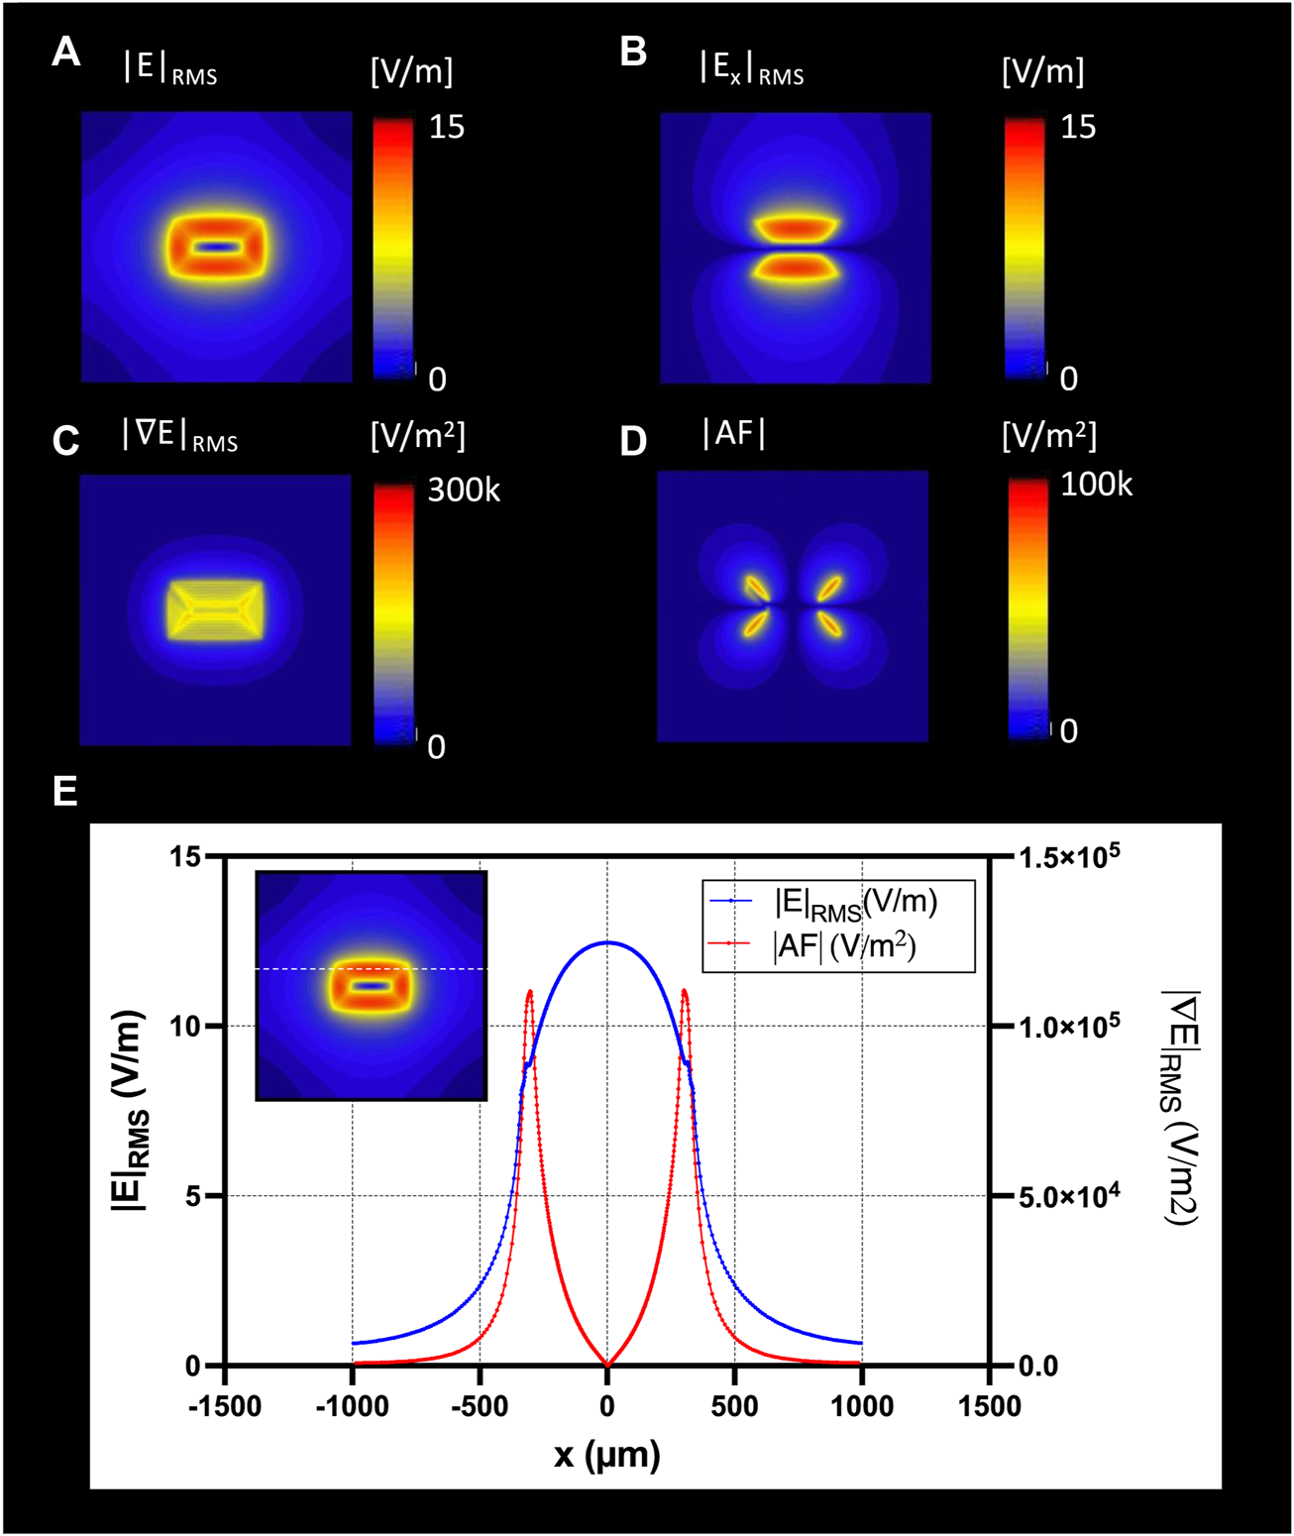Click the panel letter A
(65, 51)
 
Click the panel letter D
(633, 441)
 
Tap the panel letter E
(64, 792)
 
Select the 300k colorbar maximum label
(463, 490)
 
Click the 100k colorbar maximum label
(1095, 484)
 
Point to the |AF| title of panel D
(733, 433)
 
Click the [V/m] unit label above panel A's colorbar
(411, 71)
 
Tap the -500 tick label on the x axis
(479, 1405)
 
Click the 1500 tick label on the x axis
(988, 1405)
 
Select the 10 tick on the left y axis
(185, 1026)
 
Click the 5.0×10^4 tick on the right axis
(1069, 1197)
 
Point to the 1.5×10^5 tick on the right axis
(1069, 855)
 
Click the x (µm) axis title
(606, 1455)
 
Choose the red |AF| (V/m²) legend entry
(843, 945)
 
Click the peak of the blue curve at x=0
(606, 942)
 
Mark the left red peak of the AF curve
(530, 991)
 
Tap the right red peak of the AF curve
(684, 991)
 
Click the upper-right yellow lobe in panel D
(829, 588)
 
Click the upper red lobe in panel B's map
(795, 230)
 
